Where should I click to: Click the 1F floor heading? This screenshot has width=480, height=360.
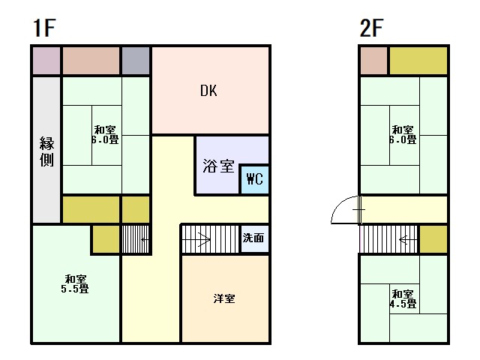[44, 28]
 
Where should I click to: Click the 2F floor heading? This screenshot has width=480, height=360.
[371, 28]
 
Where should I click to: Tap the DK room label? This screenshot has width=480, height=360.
[208, 91]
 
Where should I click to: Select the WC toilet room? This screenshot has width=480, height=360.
[255, 179]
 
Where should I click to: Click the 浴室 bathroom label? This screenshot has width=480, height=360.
[218, 166]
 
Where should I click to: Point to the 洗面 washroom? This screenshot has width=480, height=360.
[255, 238]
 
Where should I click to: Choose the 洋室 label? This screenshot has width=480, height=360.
[224, 298]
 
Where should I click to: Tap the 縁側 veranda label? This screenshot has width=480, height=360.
[46, 151]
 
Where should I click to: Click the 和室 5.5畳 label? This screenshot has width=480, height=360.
[75, 283]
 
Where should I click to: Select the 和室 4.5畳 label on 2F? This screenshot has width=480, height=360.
[403, 299]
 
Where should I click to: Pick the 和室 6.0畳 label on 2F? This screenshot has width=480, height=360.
[403, 135]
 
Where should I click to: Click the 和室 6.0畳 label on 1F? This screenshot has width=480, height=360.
[105, 135]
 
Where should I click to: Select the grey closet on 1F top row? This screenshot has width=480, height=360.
[136, 60]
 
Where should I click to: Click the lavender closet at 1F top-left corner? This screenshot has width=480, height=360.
[46, 60]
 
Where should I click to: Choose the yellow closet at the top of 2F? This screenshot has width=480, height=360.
[418, 60]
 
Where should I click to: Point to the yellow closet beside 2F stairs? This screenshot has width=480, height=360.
[433, 239]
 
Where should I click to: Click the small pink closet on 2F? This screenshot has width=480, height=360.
[373, 60]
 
